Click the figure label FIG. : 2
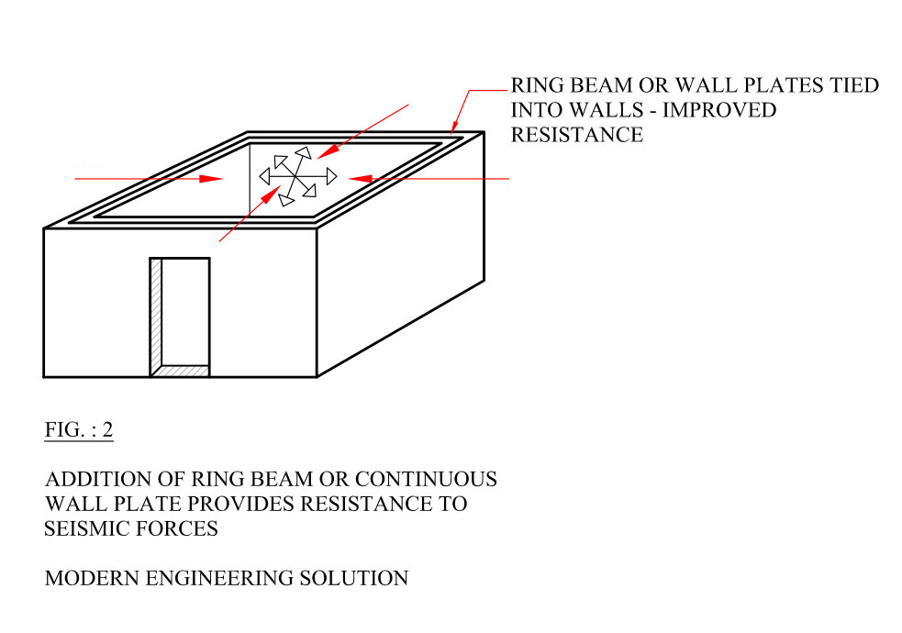click(x=79, y=429)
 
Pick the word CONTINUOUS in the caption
click(x=426, y=479)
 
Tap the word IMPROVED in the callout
click(x=719, y=110)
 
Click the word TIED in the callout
click(x=854, y=85)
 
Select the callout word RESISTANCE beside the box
click(x=577, y=135)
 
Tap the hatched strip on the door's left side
click(x=156, y=316)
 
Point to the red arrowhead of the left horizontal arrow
click(x=210, y=179)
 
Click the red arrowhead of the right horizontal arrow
click(x=360, y=179)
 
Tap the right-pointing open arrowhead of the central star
click(x=331, y=176)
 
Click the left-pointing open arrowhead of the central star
click(x=264, y=176)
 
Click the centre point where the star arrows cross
click(x=296, y=176)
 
